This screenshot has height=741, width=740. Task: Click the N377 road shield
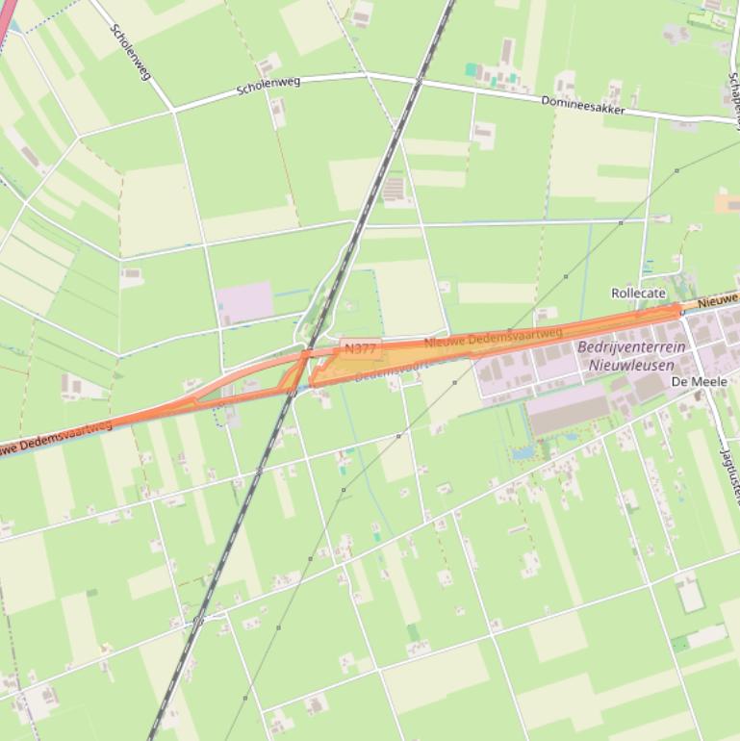(359, 348)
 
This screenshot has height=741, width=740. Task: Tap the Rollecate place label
(638, 293)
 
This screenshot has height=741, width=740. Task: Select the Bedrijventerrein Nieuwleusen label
(631, 356)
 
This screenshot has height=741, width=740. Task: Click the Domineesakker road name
(583, 105)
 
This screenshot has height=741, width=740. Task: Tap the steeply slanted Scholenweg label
(131, 52)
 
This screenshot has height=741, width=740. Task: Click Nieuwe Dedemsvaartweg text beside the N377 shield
(493, 338)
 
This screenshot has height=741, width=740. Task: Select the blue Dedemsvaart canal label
(385, 370)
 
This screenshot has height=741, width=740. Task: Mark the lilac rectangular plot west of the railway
(245, 302)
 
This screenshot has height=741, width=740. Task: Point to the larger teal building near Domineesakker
(472, 70)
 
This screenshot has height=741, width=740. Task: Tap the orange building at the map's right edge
(728, 202)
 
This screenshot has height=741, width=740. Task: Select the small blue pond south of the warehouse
(524, 450)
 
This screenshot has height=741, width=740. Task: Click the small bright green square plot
(413, 632)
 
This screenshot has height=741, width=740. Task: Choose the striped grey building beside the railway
(394, 190)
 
